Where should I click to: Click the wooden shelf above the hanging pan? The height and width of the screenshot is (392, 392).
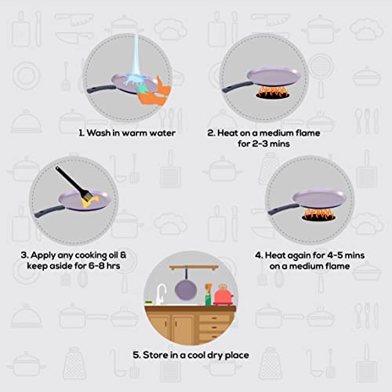pos(194,268)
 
